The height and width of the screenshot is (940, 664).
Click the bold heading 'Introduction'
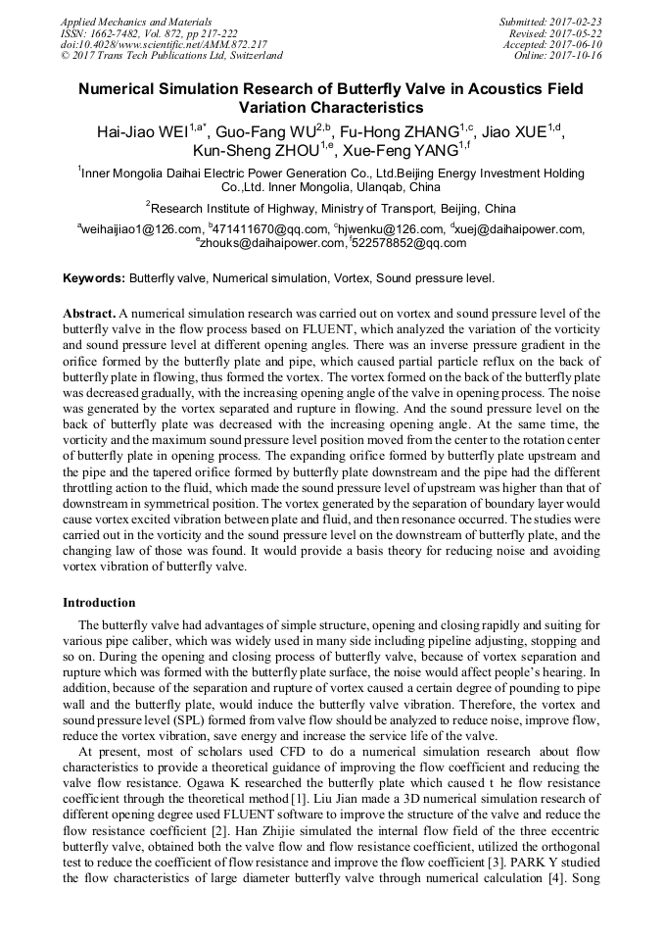pyautogui.click(x=99, y=602)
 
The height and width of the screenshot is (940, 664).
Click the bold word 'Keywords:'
pyautogui.click(x=94, y=278)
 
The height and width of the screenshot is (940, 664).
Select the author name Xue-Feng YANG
pyautogui.click(x=397, y=151)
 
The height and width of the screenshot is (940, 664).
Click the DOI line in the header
pyautogui.click(x=164, y=44)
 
